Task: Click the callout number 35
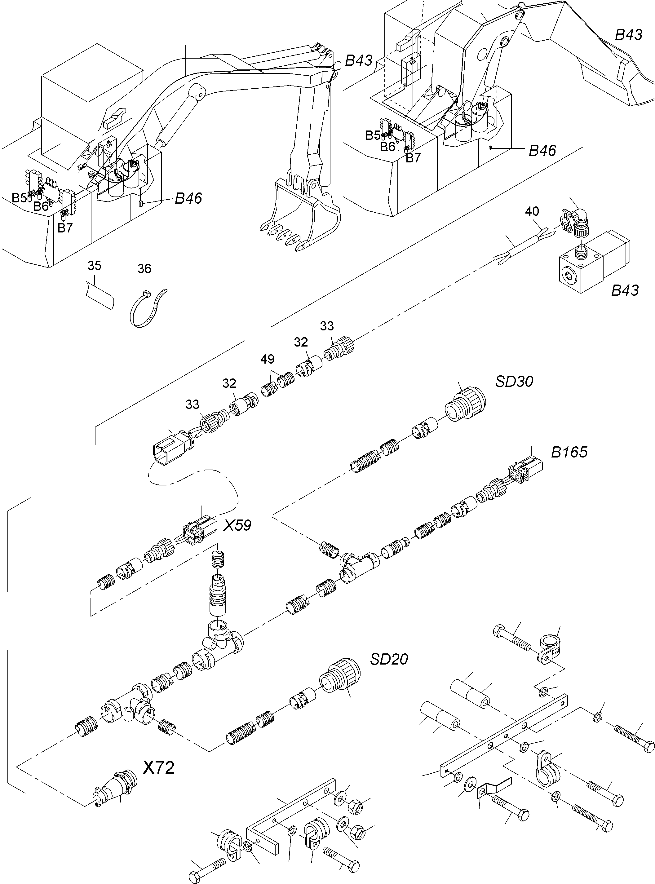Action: click(94, 266)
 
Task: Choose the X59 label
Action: click(237, 525)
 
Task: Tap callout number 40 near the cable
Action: click(532, 211)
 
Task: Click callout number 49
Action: click(267, 359)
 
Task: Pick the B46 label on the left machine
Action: click(188, 198)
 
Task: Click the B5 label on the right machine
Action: click(373, 135)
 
